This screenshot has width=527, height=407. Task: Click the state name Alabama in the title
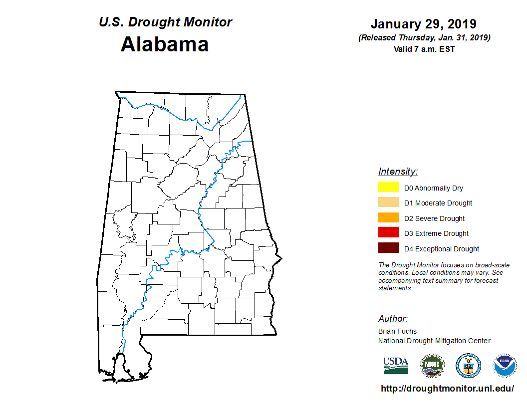pyautogui.click(x=165, y=44)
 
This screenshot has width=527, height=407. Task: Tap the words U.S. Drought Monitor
pyautogui.click(x=165, y=22)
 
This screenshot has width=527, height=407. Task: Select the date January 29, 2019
pyautogui.click(x=423, y=24)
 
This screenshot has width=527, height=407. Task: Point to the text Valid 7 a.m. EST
pyautogui.click(x=424, y=49)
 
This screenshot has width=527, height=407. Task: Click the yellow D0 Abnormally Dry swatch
pyautogui.click(x=388, y=188)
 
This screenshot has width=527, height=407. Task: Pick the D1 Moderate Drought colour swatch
pyautogui.click(x=388, y=203)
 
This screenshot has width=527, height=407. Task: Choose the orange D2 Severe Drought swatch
pyautogui.click(x=388, y=218)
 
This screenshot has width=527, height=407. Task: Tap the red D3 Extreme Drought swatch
pyautogui.click(x=388, y=233)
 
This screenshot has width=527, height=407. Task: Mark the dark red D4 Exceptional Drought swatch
pyautogui.click(x=388, y=248)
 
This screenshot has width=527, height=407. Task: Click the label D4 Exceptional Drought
pyautogui.click(x=442, y=248)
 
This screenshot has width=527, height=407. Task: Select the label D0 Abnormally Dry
pyautogui.click(x=434, y=188)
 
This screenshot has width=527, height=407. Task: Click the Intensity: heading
pyautogui.click(x=398, y=172)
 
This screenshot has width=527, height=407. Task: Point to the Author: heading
pyautogui.click(x=393, y=319)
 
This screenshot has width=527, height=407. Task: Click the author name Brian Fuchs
pyautogui.click(x=397, y=331)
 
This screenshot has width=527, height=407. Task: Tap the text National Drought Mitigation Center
pyautogui.click(x=434, y=341)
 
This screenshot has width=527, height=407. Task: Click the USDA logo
pyautogui.click(x=396, y=366)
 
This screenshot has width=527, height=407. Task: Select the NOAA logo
pyautogui.click(x=505, y=366)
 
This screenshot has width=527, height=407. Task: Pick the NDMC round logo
pyautogui.click(x=432, y=366)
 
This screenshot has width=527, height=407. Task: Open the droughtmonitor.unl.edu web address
pyautogui.click(x=447, y=388)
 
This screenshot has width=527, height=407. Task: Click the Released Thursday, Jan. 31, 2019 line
pyautogui.click(x=424, y=38)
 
